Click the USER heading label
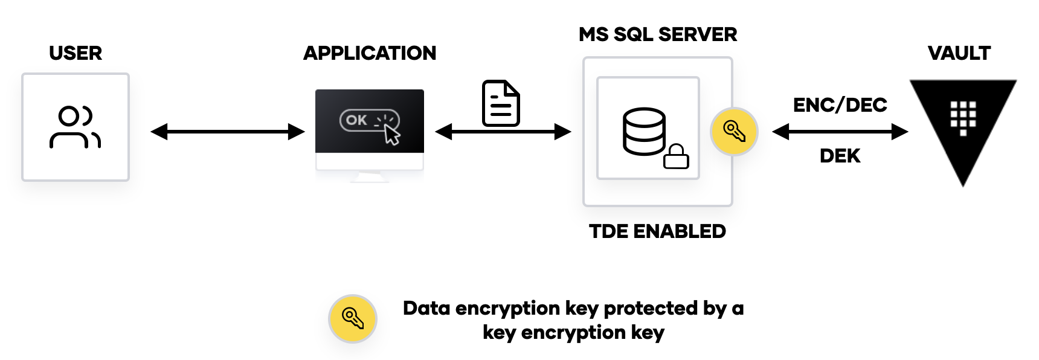click(76, 53)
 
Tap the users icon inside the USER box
click(75, 127)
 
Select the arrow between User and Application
click(227, 132)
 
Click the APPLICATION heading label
click(369, 53)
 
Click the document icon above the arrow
click(501, 103)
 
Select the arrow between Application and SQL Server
click(503, 132)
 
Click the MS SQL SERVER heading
click(657, 34)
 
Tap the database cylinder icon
click(644, 131)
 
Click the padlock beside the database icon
click(676, 156)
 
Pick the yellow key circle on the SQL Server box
click(733, 132)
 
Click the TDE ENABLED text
click(657, 231)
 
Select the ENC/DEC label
click(840, 105)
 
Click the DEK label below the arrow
click(840, 156)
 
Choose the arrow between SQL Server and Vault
click(840, 132)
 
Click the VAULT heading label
click(959, 53)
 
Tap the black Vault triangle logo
click(963, 121)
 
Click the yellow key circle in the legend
click(352, 318)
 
